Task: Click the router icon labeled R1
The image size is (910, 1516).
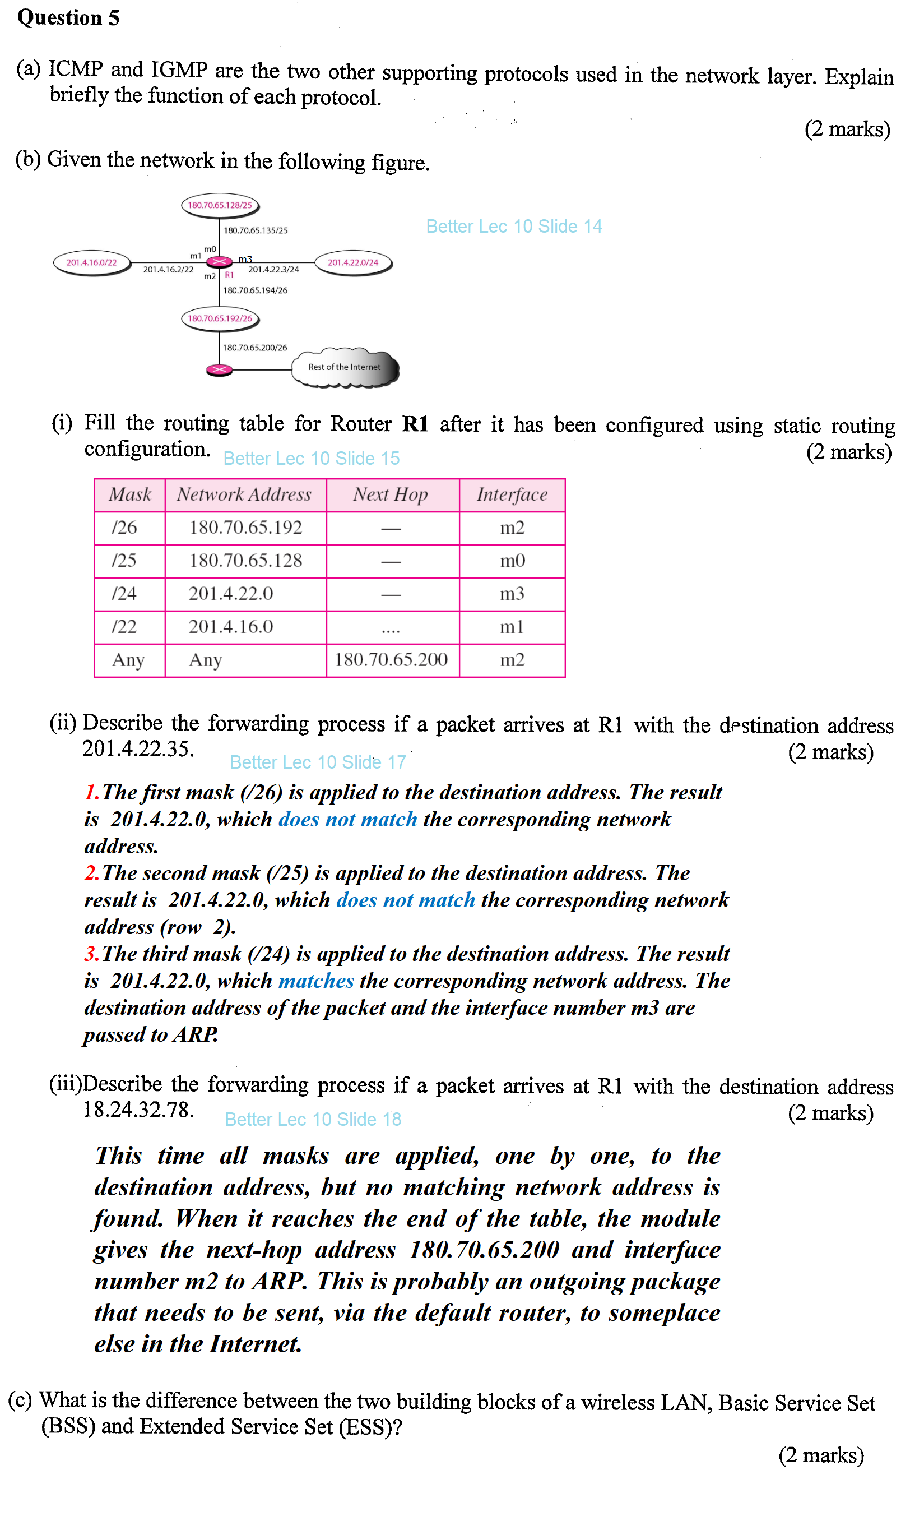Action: (219, 262)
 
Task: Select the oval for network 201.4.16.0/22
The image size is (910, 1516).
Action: (92, 262)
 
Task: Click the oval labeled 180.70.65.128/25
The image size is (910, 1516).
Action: (220, 205)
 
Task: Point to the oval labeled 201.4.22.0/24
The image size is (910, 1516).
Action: (353, 262)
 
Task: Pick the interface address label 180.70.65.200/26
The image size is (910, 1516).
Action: (255, 348)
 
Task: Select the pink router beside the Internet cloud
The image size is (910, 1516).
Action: (219, 370)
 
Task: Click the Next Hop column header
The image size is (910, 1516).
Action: (391, 494)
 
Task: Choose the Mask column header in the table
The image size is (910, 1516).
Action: (129, 494)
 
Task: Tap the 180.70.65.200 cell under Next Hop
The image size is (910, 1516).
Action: (391, 659)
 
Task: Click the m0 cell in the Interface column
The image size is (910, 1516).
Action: (512, 561)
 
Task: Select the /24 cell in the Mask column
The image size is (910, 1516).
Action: (124, 593)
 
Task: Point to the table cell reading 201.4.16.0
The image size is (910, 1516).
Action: (231, 626)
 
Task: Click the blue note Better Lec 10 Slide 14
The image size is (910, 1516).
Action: (514, 227)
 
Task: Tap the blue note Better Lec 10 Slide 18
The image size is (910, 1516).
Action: (313, 1119)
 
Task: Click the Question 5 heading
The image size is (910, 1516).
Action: (68, 18)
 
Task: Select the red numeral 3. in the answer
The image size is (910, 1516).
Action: (91, 954)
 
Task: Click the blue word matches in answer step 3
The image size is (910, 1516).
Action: (316, 981)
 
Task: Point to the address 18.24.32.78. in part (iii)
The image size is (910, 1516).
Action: (138, 1109)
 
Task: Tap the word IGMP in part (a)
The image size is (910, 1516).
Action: (179, 70)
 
